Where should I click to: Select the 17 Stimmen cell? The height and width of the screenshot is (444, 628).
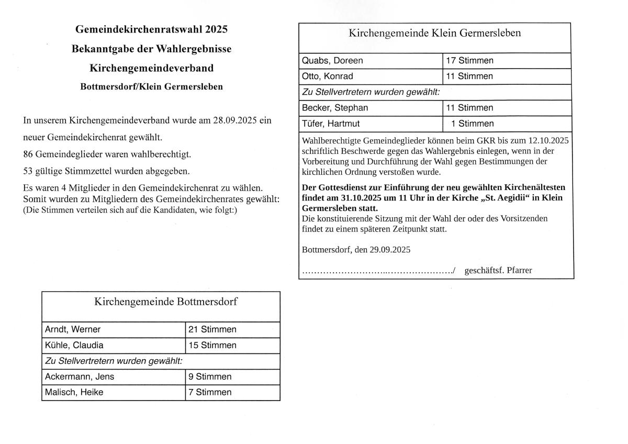(469, 61)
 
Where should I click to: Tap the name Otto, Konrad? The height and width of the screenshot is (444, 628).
(328, 76)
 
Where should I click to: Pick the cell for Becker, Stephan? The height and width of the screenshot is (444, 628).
(335, 108)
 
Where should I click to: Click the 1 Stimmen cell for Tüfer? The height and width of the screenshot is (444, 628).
(472, 124)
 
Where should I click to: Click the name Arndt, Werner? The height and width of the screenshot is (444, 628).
(73, 329)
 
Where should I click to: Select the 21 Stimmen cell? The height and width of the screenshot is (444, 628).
(212, 329)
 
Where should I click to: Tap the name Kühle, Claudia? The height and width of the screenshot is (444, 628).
(74, 345)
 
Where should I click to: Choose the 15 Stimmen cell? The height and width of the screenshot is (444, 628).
(212, 345)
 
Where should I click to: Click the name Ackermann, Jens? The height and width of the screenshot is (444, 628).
(80, 376)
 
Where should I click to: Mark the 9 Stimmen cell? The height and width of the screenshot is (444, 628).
(210, 376)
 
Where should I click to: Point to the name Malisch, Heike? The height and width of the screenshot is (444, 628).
(74, 392)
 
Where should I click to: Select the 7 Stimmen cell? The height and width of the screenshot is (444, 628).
(210, 392)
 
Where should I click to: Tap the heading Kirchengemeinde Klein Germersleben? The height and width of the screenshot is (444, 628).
(435, 34)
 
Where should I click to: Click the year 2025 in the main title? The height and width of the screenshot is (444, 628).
(217, 29)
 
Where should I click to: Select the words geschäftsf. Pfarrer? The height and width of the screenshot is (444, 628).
(498, 270)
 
